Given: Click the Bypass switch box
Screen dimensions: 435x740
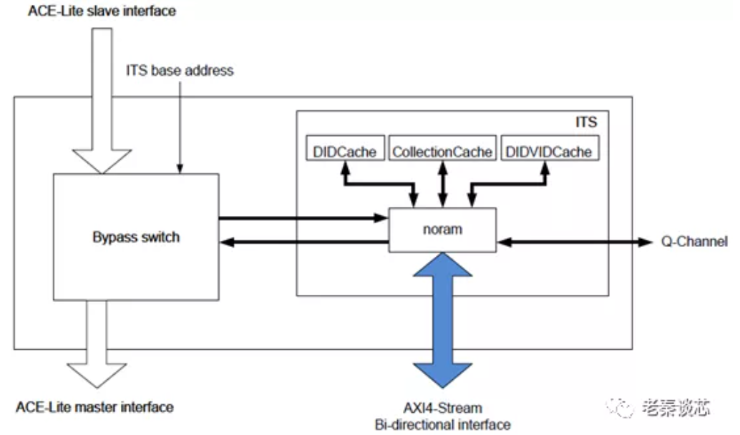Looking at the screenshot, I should point(136,237).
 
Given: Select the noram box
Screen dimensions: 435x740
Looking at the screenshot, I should point(442,230).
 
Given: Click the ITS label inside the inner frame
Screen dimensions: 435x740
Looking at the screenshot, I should point(585,122).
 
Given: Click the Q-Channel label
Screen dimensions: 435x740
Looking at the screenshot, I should point(694,242).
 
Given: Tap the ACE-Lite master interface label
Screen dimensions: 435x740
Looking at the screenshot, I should point(94,407).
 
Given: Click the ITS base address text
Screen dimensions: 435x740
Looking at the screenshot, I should point(180,71).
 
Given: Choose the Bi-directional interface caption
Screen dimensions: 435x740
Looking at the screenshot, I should point(442,425).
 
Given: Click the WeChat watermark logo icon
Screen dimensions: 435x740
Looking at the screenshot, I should point(620,408).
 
